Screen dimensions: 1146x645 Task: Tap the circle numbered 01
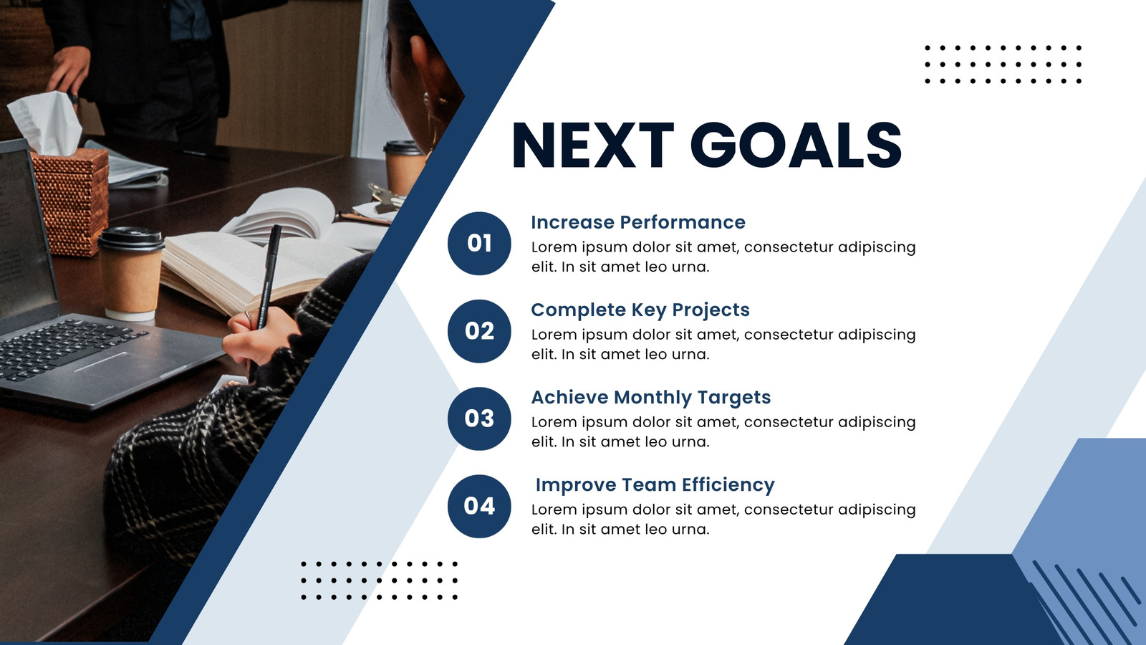pos(479,244)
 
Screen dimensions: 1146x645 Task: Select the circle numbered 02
pos(479,331)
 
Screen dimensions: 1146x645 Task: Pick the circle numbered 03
pos(479,419)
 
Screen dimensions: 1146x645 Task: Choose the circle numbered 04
pos(479,506)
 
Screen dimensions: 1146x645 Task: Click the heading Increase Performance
pos(638,222)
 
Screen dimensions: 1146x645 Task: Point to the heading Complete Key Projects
pos(640,310)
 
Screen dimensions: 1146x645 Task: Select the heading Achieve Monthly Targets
pos(651,398)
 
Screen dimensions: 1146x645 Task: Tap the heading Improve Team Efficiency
pos(655,485)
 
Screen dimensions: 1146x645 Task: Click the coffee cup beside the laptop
pos(131,274)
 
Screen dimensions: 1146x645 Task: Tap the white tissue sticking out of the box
pos(46,122)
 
